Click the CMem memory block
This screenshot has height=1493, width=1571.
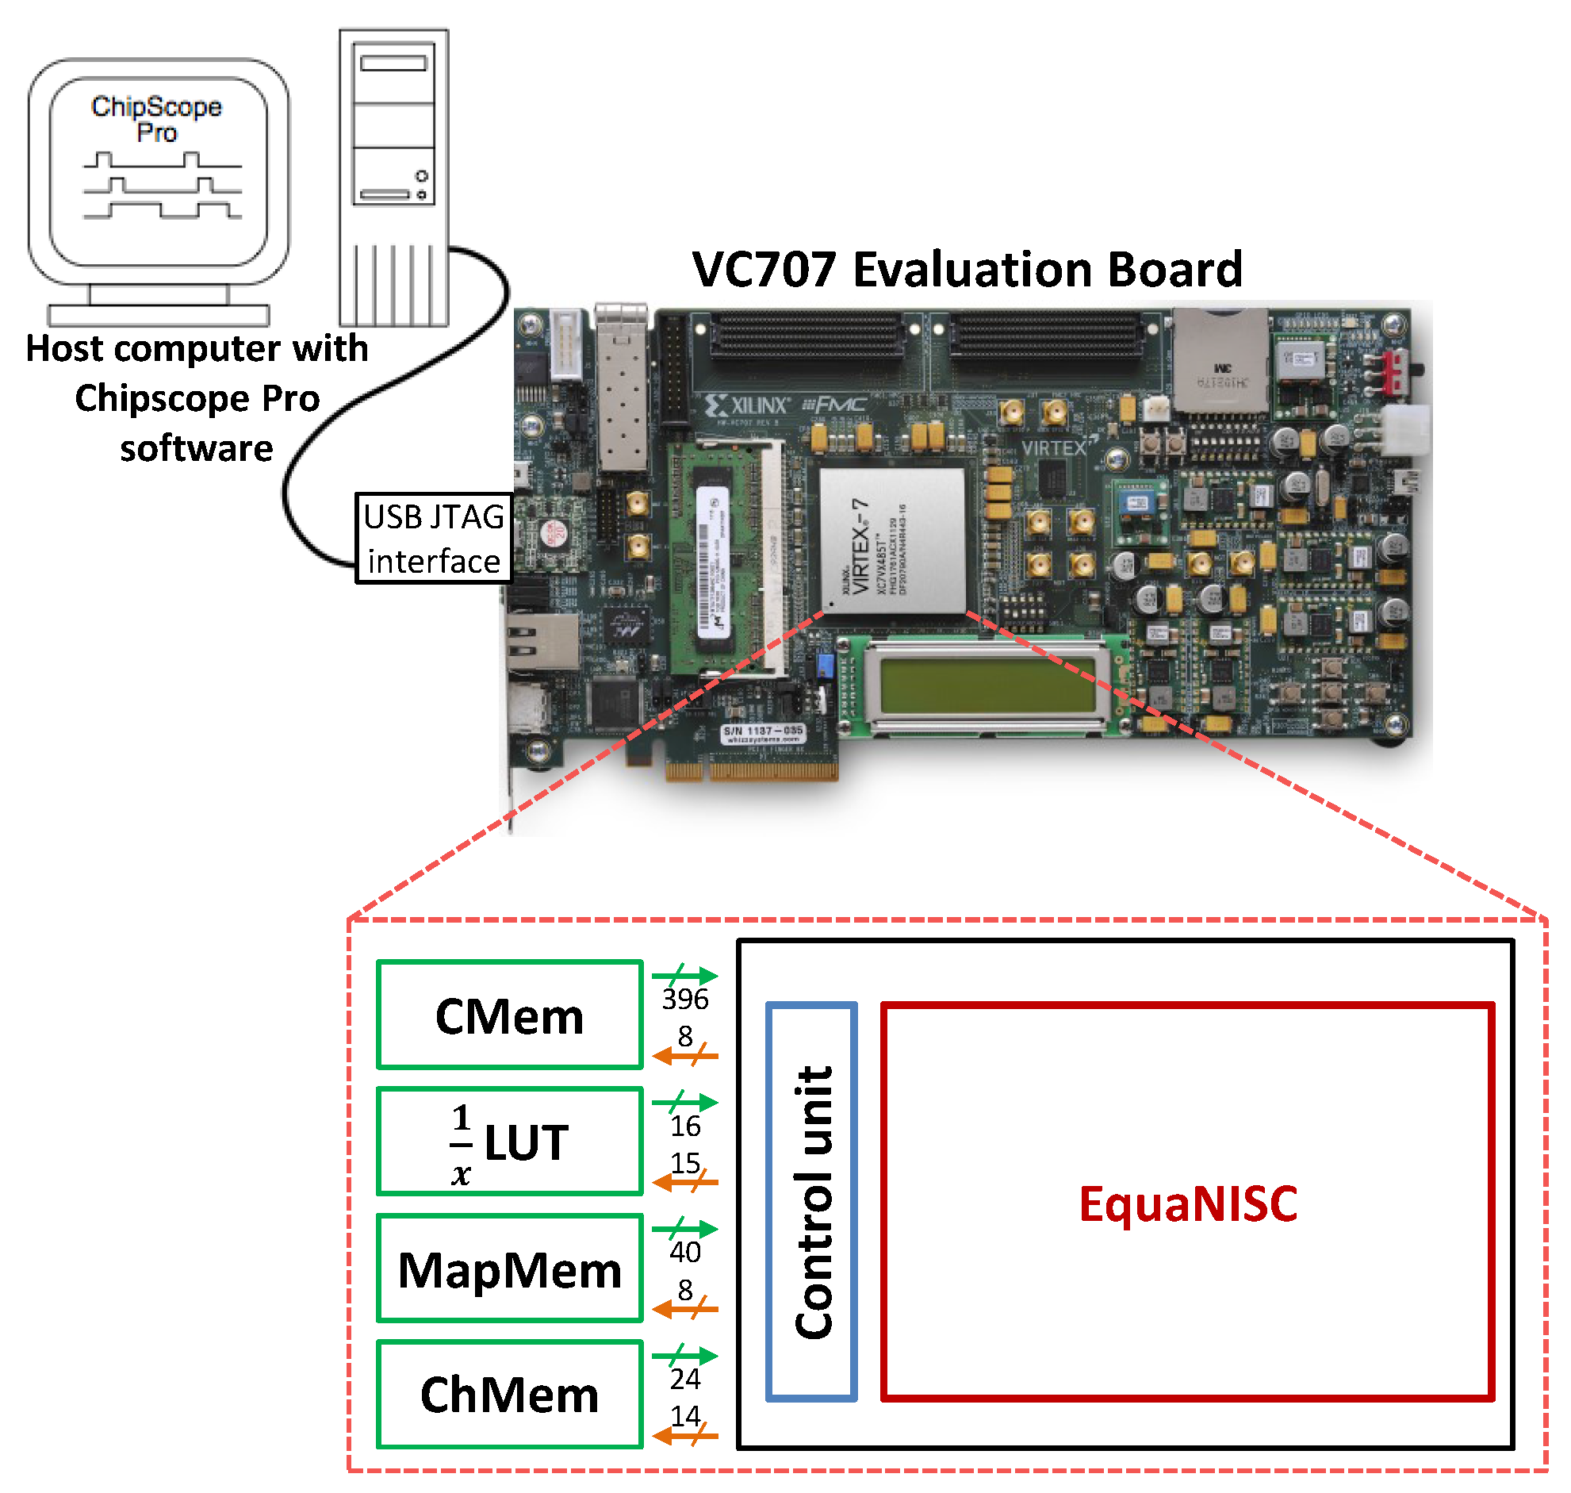pyautogui.click(x=509, y=1015)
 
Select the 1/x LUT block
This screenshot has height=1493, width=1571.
pyautogui.click(x=509, y=1142)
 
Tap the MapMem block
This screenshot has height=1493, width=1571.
pyautogui.click(x=509, y=1268)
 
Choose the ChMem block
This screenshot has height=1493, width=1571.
pyautogui.click(x=509, y=1395)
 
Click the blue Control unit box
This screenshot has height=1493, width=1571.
pyautogui.click(x=811, y=1202)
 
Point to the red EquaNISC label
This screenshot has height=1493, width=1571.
pyautogui.click(x=1188, y=1203)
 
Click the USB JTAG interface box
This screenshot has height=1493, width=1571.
pyautogui.click(x=434, y=539)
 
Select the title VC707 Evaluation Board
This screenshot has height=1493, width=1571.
pyautogui.click(x=967, y=269)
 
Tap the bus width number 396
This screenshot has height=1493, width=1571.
pyautogui.click(x=685, y=999)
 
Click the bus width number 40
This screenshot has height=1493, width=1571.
pyautogui.click(x=685, y=1252)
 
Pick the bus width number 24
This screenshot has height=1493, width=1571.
pyautogui.click(x=685, y=1379)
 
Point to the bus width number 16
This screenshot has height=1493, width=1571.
pyautogui.click(x=685, y=1126)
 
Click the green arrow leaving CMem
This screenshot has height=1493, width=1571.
pyautogui.click(x=685, y=975)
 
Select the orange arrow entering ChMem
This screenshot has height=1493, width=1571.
pyautogui.click(x=685, y=1436)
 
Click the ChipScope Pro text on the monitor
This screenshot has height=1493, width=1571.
pyautogui.click(x=157, y=117)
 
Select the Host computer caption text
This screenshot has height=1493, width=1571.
pyautogui.click(x=197, y=398)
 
